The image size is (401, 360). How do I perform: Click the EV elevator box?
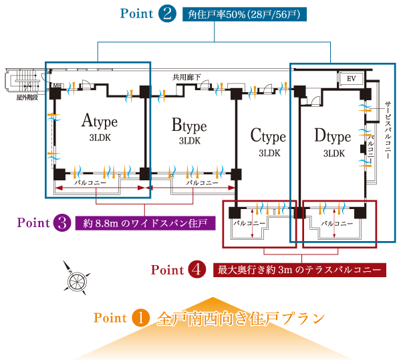click(x=352, y=79)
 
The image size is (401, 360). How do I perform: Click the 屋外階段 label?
click(x=25, y=98)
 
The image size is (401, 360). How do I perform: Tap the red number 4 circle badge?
click(x=196, y=270)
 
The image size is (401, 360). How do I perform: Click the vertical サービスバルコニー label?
click(x=388, y=134)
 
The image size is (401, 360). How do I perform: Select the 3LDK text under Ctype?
click(x=269, y=153)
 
